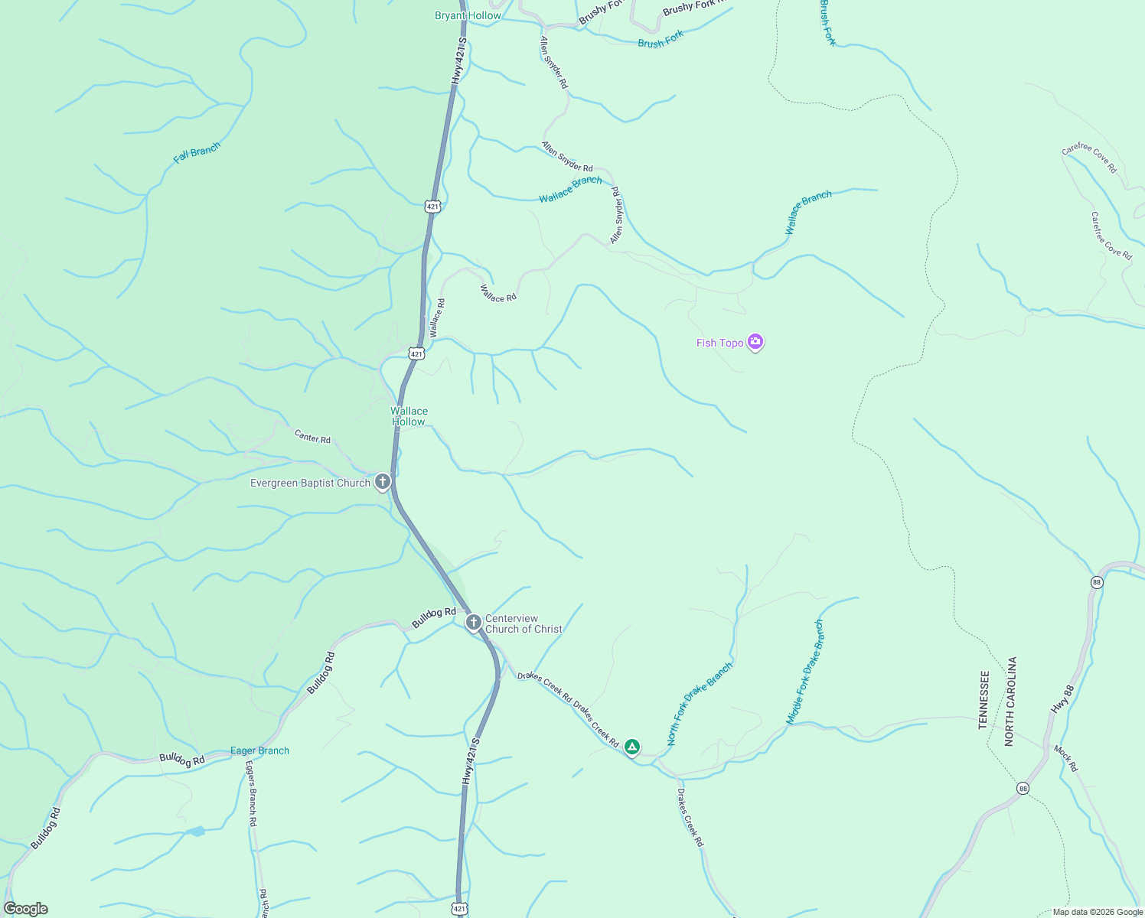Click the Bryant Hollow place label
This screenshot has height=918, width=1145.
click(x=468, y=15)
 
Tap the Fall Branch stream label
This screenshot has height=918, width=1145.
click(x=197, y=152)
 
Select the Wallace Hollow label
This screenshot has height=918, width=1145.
click(x=409, y=416)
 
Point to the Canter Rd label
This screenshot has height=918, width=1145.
click(x=312, y=437)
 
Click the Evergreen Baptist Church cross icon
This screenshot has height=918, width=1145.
click(x=383, y=482)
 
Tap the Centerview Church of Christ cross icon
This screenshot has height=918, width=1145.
click(x=474, y=623)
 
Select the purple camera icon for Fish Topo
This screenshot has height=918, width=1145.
click(x=755, y=342)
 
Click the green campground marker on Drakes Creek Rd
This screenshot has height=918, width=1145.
click(x=631, y=746)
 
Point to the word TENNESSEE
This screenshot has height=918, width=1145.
click(x=984, y=700)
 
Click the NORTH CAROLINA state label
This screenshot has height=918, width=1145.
click(x=1010, y=701)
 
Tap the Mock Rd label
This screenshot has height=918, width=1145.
click(x=1065, y=757)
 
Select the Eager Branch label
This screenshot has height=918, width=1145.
click(x=259, y=750)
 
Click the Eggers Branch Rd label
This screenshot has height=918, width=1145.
click(x=250, y=793)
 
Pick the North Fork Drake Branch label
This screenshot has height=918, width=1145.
click(x=699, y=703)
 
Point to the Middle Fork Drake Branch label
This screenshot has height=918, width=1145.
click(x=805, y=672)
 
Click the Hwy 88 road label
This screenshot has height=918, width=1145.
click(x=1063, y=699)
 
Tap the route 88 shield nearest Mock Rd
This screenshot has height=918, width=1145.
click(x=1023, y=788)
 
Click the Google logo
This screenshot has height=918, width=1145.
click(x=25, y=909)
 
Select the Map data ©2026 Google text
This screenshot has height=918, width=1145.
click(x=1097, y=912)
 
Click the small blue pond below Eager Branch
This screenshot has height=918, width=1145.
click(x=196, y=831)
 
